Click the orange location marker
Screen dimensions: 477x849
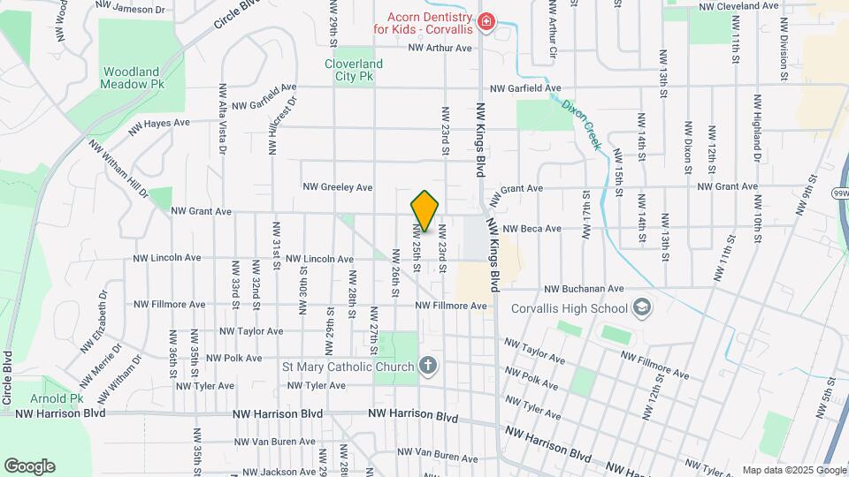(424, 211)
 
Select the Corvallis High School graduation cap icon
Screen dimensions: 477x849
(642, 308)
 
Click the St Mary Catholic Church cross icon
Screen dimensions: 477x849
(428, 367)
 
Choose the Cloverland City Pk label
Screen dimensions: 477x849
(354, 70)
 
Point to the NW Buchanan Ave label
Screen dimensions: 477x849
(584, 289)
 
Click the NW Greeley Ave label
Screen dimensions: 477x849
(338, 187)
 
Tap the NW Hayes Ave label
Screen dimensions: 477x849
(159, 127)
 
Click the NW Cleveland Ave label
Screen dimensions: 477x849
(738, 5)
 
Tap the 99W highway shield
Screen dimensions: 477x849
(840, 191)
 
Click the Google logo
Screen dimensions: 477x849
(29, 466)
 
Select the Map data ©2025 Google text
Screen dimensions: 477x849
(792, 470)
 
